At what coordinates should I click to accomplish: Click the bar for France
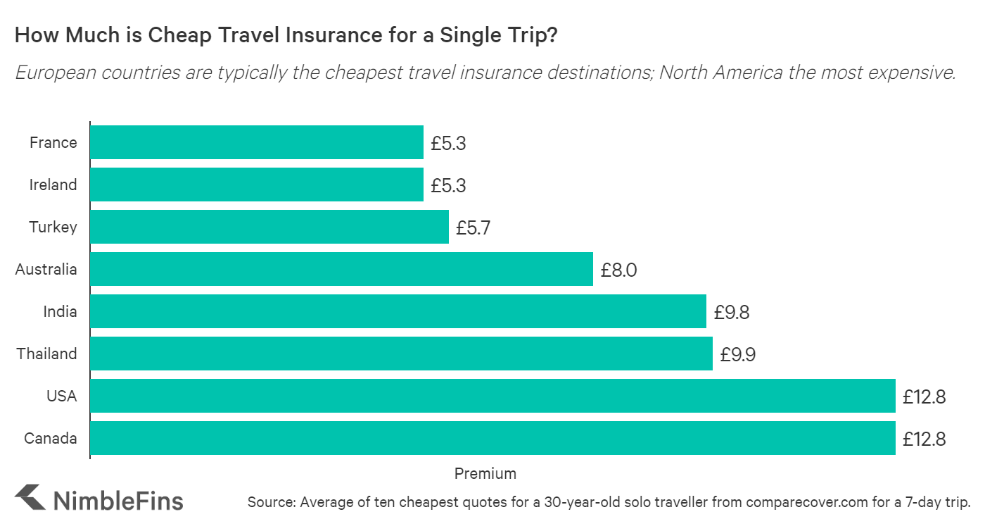point(257,142)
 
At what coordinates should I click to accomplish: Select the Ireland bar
point(257,185)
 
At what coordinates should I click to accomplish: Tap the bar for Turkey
point(269,227)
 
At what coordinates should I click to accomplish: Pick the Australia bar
point(341,269)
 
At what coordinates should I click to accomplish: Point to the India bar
point(398,311)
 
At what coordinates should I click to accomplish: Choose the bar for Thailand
point(401,354)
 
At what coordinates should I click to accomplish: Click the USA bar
point(493,396)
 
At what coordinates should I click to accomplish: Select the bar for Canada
point(493,438)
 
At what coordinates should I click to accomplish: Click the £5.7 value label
point(474,228)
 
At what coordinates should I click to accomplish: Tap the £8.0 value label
point(618,270)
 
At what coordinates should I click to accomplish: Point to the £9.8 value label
point(732,313)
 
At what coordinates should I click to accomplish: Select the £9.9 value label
point(738,355)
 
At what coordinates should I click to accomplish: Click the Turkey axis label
point(53,227)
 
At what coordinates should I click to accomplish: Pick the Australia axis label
point(46,270)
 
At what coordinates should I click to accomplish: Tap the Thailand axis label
point(47,354)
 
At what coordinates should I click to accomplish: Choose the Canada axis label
point(51,439)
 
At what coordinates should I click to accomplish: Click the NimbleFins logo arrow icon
point(29,497)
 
